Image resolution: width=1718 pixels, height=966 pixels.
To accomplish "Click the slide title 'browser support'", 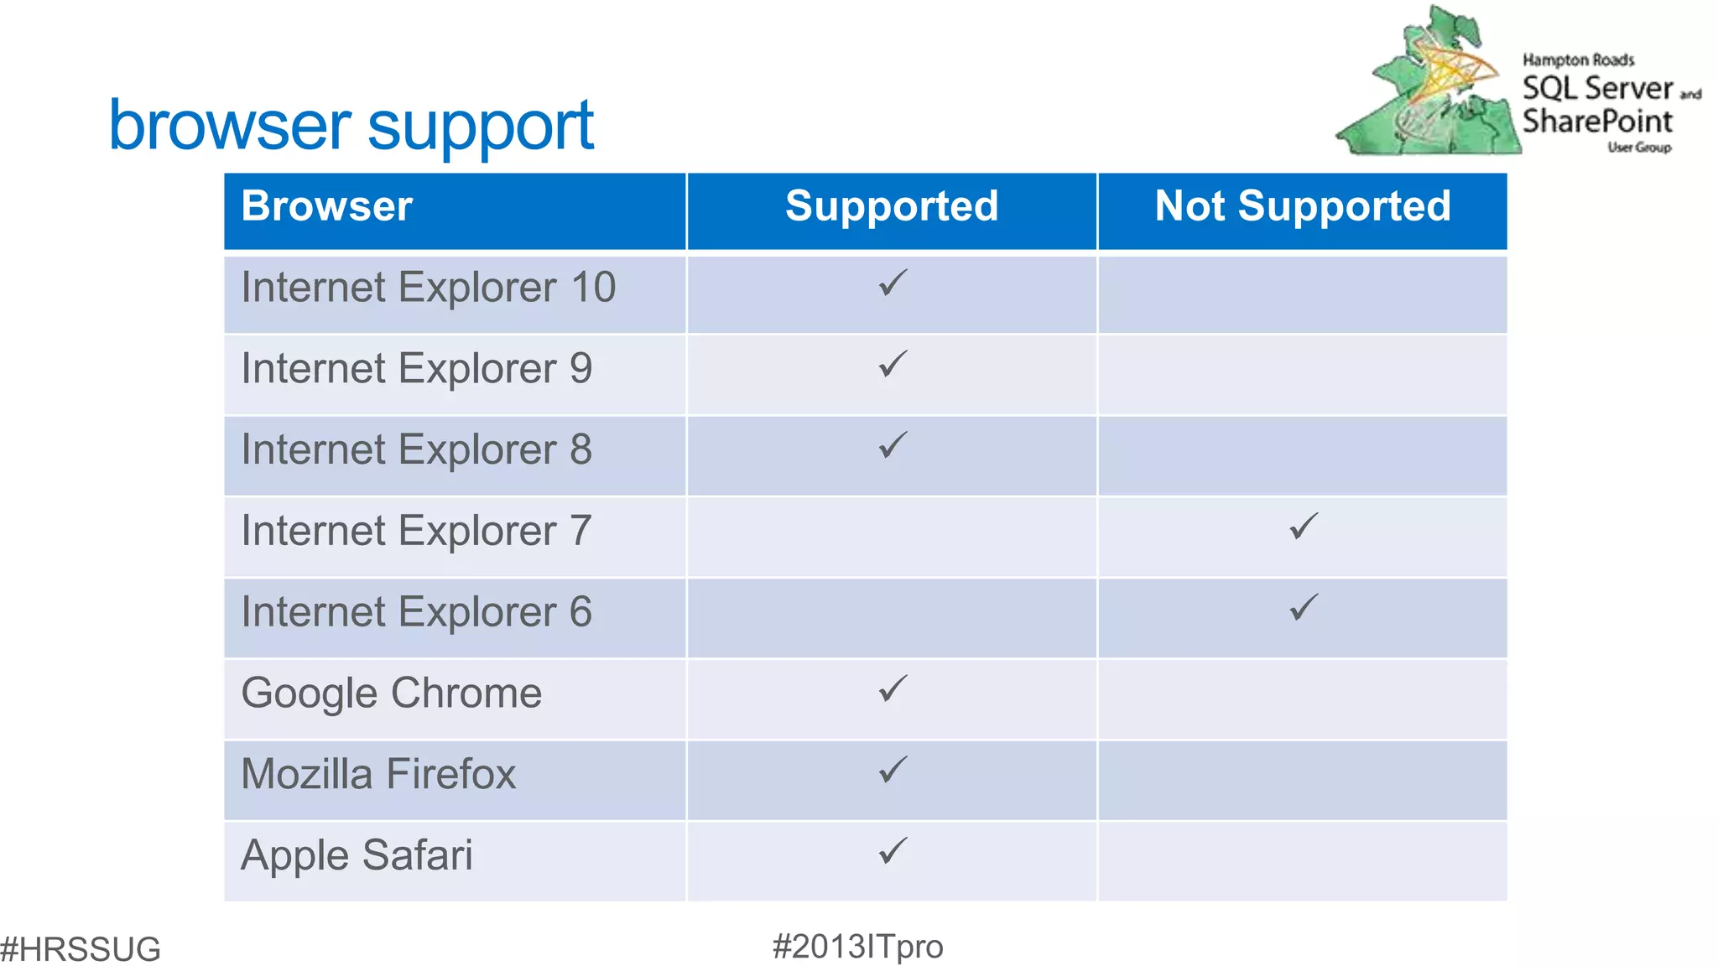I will pyautogui.click(x=351, y=126).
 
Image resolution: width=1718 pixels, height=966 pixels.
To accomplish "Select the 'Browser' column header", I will pyautogui.click(x=327, y=206).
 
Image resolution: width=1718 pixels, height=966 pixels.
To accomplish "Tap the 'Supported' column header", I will pyautogui.click(x=892, y=206).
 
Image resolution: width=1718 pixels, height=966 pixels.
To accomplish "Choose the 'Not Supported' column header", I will pyautogui.click(x=1303, y=206).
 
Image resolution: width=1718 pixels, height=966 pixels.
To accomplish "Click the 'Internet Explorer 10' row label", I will pyautogui.click(x=428, y=288).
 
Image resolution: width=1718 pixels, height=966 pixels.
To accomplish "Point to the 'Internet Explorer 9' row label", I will pyautogui.click(x=416, y=369).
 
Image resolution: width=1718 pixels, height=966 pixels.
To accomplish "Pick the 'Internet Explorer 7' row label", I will pyautogui.click(x=416, y=531).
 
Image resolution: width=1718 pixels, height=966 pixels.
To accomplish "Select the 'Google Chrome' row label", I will pyautogui.click(x=391, y=693).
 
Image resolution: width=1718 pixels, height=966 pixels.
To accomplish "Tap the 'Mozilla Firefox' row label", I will pyautogui.click(x=378, y=774).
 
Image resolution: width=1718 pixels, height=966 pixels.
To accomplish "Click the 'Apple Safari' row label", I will pyautogui.click(x=357, y=855).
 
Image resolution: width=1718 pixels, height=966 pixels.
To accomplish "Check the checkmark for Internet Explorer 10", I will pyautogui.click(x=893, y=283).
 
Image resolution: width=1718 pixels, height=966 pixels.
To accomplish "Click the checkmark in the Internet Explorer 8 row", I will pyautogui.click(x=893, y=445).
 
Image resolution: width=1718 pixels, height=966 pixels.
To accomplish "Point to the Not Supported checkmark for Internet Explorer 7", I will pyautogui.click(x=1304, y=527).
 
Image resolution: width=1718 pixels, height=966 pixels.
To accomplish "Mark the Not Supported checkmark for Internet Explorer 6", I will pyautogui.click(x=1304, y=607).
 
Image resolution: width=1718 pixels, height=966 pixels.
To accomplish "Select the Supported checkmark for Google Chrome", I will pyautogui.click(x=893, y=688).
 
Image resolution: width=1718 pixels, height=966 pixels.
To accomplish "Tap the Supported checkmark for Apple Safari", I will pyautogui.click(x=893, y=851).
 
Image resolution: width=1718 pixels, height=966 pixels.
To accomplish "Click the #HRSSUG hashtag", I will pyautogui.click(x=81, y=949).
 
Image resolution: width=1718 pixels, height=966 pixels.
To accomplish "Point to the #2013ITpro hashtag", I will pyautogui.click(x=857, y=947).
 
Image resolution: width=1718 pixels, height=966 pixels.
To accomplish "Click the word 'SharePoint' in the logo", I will pyautogui.click(x=1597, y=122).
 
